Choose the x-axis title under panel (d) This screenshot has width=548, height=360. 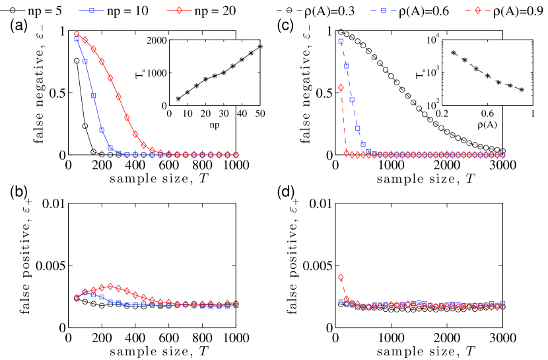coord(419,352)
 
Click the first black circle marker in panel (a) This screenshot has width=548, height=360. coord(77,61)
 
